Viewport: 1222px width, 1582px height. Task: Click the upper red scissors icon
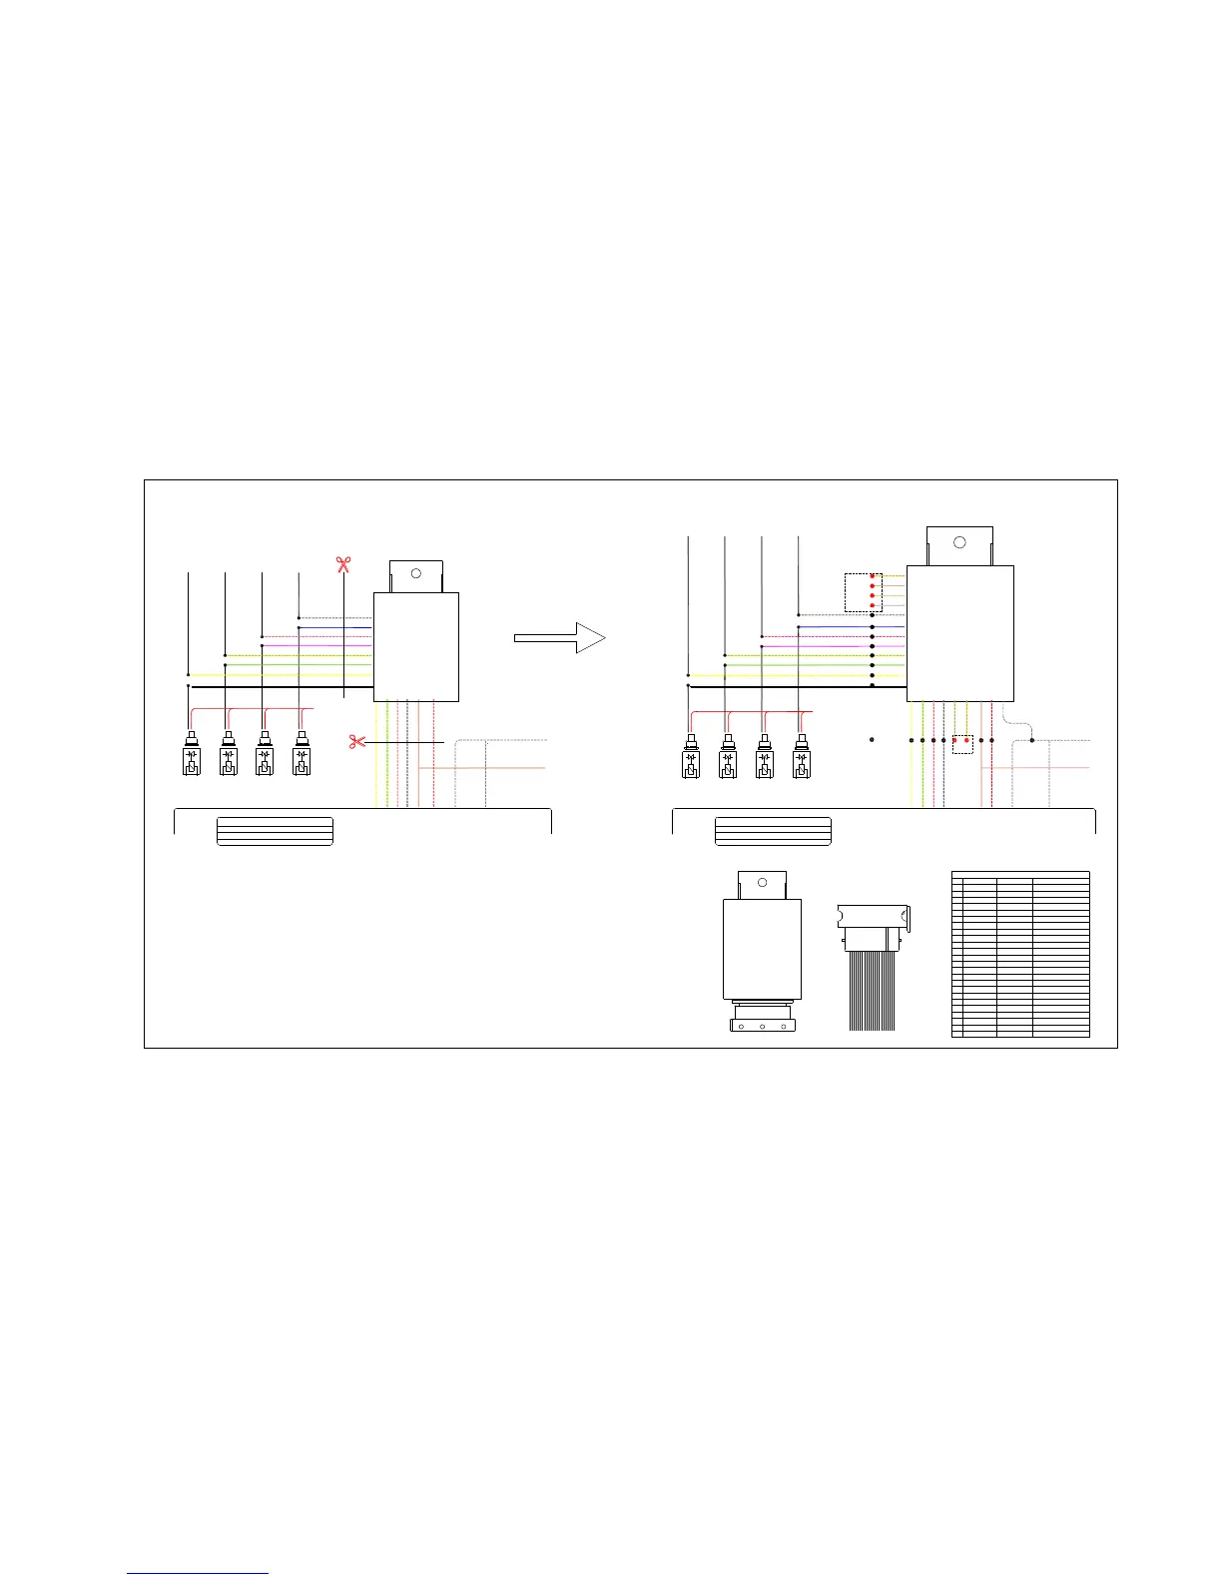coord(343,565)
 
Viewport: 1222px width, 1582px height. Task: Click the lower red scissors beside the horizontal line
coord(356,742)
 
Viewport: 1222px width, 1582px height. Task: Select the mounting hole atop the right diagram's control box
coord(959,542)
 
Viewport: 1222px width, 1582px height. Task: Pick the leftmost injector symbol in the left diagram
coord(192,756)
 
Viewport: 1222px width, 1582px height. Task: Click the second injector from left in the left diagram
coord(229,756)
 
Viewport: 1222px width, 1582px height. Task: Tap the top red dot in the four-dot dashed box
coord(873,576)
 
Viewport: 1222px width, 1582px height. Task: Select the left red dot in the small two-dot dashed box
coord(955,740)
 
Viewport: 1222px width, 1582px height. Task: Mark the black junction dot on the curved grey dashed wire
coord(1031,740)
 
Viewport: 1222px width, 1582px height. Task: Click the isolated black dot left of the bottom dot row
coord(872,740)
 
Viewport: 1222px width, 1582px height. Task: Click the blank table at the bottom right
coord(1020,954)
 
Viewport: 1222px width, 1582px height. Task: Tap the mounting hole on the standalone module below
coord(762,883)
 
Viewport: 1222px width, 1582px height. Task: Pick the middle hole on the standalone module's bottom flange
coord(762,1026)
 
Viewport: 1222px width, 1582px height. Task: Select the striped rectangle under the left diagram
coord(275,831)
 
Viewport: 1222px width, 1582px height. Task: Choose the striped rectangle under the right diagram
coord(773,831)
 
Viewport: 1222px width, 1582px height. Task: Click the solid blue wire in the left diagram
coord(334,627)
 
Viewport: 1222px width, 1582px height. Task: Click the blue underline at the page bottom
coord(198,1574)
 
